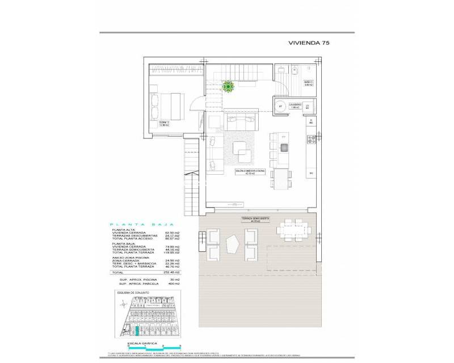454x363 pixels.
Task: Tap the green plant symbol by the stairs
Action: click(x=228, y=86)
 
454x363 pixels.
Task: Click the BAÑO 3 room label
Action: click(x=308, y=84)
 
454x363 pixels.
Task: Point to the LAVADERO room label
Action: click(x=295, y=105)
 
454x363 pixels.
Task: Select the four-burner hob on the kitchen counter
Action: click(x=310, y=138)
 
